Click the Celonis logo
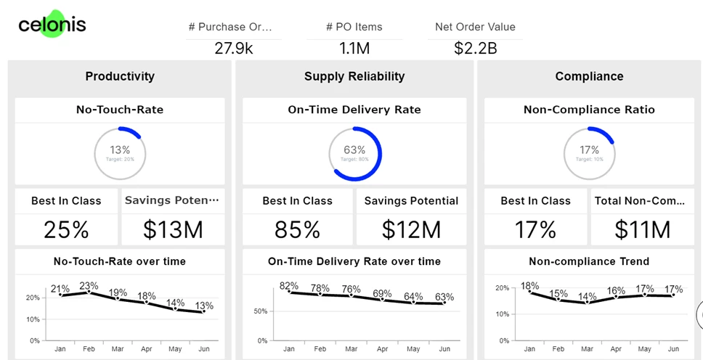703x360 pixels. click(52, 25)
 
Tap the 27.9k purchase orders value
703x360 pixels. click(234, 49)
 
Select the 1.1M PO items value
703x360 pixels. click(354, 49)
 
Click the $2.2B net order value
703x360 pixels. click(475, 49)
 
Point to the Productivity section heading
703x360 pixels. click(120, 76)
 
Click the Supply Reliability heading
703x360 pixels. click(354, 76)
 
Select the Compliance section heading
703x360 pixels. click(589, 76)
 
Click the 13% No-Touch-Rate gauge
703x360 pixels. click(120, 153)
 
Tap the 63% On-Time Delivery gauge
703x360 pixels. click(354, 153)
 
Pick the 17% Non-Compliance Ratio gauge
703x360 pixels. click(589, 153)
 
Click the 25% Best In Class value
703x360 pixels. click(66, 229)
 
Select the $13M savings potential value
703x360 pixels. click(172, 229)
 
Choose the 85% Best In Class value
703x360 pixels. click(297, 229)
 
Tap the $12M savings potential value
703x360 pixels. click(411, 229)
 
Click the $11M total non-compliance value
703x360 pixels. click(642, 229)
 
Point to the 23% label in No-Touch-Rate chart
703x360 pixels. click(89, 285)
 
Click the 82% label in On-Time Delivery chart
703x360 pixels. click(289, 285)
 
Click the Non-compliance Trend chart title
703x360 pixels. click(589, 261)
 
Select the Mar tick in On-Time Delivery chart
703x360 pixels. click(351, 349)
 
